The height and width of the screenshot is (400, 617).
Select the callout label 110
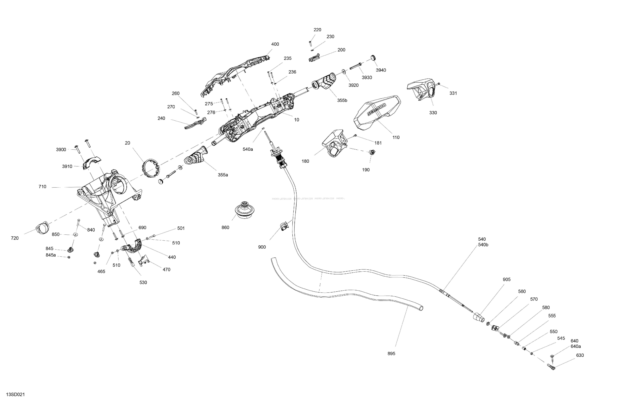[x=396, y=137]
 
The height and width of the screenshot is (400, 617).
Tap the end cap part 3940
[x=373, y=58]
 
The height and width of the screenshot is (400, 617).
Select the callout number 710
[x=42, y=187]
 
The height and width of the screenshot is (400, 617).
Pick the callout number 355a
[x=223, y=175]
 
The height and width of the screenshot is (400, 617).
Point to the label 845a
[x=51, y=255]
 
